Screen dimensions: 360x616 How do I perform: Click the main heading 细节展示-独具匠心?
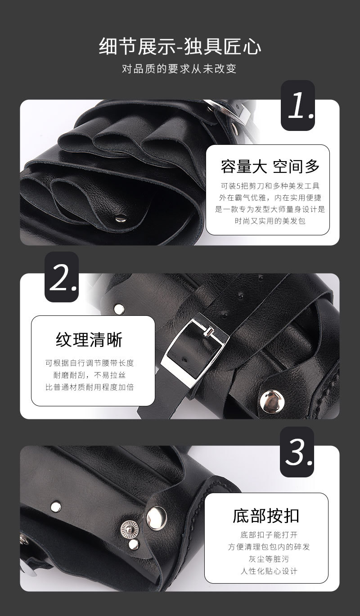pyautogui.click(x=180, y=46)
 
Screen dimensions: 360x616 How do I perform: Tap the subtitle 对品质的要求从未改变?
pyautogui.click(x=179, y=69)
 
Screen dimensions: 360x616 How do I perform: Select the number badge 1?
pyautogui.click(x=297, y=105)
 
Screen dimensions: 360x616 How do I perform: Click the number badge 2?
pyautogui.click(x=62, y=277)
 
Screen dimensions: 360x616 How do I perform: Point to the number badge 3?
pyautogui.click(x=297, y=452)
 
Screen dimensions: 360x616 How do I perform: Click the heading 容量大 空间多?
pyautogui.click(x=270, y=166)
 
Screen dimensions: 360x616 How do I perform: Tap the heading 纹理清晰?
pyautogui.click(x=89, y=340)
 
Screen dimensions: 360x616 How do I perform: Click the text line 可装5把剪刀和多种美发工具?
pyautogui.click(x=270, y=186)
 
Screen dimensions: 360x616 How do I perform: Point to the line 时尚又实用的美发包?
pyautogui.click(x=270, y=221)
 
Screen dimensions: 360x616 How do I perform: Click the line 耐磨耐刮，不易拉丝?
pyautogui.click(x=90, y=375)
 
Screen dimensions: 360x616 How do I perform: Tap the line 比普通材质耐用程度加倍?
pyautogui.click(x=90, y=387)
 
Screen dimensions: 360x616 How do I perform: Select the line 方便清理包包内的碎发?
pyautogui.click(x=269, y=547)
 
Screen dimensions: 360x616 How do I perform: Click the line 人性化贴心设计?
pyautogui.click(x=269, y=571)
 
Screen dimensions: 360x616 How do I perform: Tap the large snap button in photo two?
pyautogui.click(x=272, y=402)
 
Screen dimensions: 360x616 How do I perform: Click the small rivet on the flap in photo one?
pyautogui.click(x=121, y=219)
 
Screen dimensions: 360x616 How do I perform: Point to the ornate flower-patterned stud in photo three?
pyautogui.click(x=130, y=529)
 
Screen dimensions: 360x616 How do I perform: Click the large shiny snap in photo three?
pyautogui.click(x=157, y=518)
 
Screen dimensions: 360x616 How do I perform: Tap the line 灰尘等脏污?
pyautogui.click(x=269, y=559)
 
